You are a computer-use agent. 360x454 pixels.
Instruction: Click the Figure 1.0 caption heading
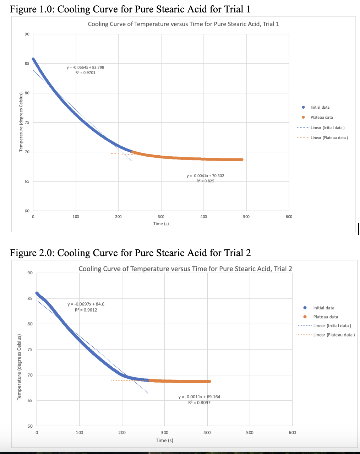tap(130, 9)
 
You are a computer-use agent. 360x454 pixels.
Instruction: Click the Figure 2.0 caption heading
tap(130, 253)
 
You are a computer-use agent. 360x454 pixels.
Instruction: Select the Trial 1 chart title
tap(183, 24)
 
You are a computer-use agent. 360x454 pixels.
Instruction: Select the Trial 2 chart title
tap(185, 269)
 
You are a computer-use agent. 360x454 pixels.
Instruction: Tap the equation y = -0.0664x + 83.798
tap(85, 67)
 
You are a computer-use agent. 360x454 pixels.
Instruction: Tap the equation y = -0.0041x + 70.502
tap(205, 175)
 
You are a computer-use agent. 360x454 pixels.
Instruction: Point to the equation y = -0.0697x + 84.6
tap(86, 304)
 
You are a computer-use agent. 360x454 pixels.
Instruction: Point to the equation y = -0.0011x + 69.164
tap(199, 397)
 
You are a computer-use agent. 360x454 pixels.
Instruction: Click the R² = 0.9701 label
tap(85, 72)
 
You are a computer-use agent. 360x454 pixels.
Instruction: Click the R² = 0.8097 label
tap(199, 402)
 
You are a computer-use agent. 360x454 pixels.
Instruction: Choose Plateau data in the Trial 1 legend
tap(322, 117)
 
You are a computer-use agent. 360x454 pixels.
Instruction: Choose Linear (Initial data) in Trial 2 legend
tap(332, 326)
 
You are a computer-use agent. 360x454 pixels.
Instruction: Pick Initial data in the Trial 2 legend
tap(323, 308)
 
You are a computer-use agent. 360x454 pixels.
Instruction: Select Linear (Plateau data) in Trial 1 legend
tap(329, 138)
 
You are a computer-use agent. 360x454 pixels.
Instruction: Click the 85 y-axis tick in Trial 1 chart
tap(27, 64)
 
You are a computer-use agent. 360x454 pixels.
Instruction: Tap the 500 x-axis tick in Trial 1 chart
tap(246, 216)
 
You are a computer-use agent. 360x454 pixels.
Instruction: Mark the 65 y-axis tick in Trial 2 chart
tap(30, 400)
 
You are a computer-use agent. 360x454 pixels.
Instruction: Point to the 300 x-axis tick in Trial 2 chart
tap(164, 432)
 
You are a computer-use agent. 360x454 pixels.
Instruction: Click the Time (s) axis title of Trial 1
tap(161, 223)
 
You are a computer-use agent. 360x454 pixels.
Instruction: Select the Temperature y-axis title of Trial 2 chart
tap(20, 367)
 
